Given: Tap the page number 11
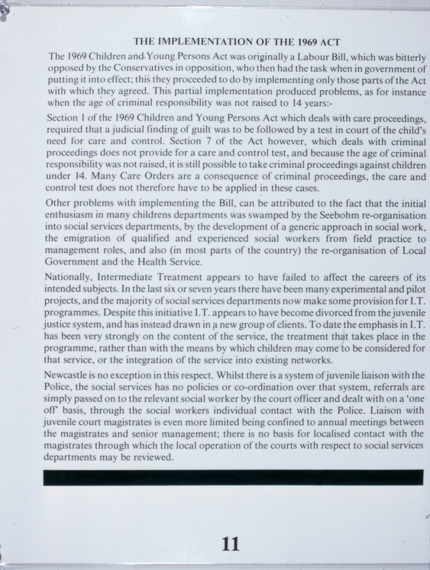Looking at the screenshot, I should [x=230, y=543].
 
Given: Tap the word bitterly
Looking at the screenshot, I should [x=409, y=57].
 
